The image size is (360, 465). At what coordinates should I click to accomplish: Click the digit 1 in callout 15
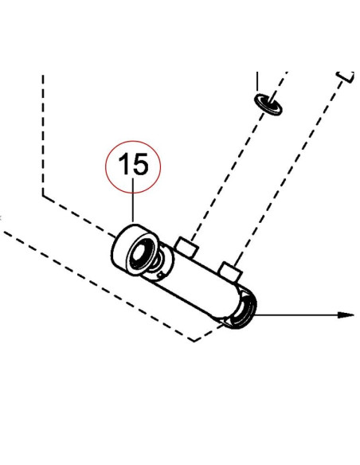point(124,163)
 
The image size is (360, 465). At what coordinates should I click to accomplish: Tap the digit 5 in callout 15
point(141,164)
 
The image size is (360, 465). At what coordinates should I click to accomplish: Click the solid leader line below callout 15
point(133,201)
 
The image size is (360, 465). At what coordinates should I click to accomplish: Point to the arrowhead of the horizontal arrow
point(346,315)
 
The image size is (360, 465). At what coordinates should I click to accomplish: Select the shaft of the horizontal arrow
point(296,315)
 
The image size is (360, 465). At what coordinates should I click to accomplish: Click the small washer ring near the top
point(268,104)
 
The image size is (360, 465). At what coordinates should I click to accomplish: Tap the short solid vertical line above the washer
point(257,81)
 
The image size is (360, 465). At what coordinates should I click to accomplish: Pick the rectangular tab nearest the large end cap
point(186,247)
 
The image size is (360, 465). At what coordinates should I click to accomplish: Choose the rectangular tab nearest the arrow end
point(230,272)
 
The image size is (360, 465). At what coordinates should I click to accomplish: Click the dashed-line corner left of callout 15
point(43,195)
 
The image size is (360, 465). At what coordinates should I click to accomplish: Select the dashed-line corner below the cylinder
point(194,341)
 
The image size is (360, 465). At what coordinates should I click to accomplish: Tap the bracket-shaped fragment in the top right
point(346,76)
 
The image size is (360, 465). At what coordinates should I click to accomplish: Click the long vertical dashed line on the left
point(43,135)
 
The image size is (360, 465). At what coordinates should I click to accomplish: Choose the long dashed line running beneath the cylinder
point(98,286)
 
